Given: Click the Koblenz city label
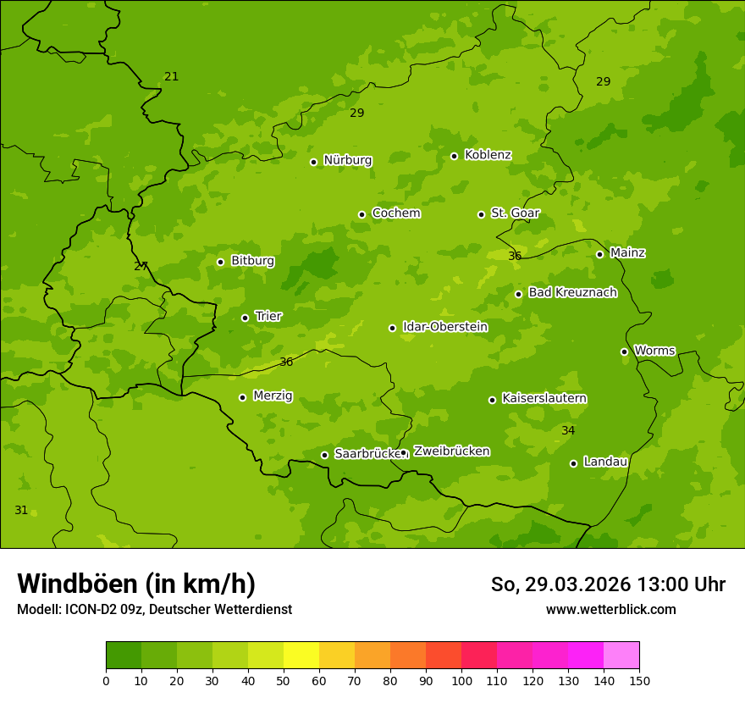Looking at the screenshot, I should [x=488, y=155].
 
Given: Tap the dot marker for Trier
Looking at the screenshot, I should [x=246, y=318].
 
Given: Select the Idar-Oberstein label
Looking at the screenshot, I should [x=444, y=327].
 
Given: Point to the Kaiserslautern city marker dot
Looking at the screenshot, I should [x=492, y=400].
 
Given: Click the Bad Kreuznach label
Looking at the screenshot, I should [x=572, y=292].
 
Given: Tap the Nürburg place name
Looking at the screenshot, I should [x=347, y=160].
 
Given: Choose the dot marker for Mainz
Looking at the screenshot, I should [x=599, y=254].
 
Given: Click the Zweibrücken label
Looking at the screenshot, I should [x=451, y=451].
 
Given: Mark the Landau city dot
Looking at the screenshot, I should [x=573, y=463].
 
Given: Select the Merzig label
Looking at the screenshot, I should [x=273, y=396].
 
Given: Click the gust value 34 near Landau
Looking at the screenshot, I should [x=568, y=431].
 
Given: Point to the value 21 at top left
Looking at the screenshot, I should [x=172, y=77].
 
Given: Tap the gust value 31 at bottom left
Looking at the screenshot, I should [x=21, y=511].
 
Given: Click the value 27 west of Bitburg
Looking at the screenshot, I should [x=141, y=267].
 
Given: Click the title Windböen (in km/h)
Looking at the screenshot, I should [x=136, y=584].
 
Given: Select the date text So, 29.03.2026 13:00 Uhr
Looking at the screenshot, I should [x=608, y=584].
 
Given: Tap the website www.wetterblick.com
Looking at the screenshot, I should [x=610, y=609].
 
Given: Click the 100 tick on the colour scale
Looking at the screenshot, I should [x=461, y=681].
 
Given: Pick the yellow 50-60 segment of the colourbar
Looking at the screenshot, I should [x=301, y=656].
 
